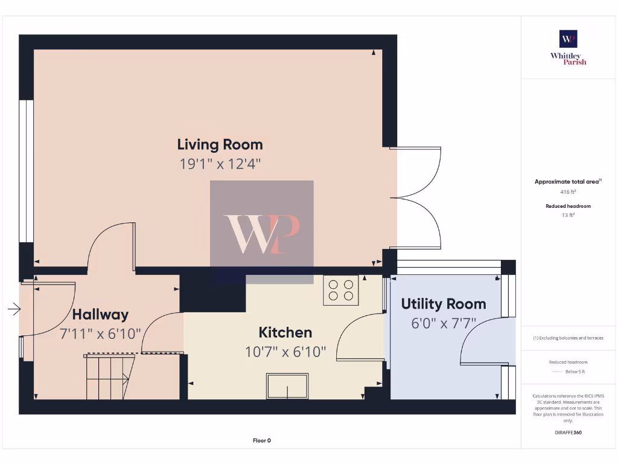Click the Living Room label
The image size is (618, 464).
click(x=220, y=144)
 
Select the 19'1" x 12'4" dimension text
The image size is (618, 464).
click(x=220, y=164)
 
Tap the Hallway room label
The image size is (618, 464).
click(x=100, y=314)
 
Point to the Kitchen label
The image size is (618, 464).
click(x=285, y=332)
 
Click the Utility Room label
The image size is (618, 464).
click(x=443, y=304)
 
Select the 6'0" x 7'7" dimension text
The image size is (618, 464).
click(x=443, y=323)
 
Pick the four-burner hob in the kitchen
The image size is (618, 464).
click(x=340, y=290)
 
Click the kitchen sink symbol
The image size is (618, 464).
click(x=287, y=385)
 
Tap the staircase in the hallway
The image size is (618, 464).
click(x=109, y=378)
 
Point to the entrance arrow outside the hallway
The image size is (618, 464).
click(x=14, y=310)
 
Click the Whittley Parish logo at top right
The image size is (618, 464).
click(x=568, y=47)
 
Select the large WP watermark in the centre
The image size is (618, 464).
click(x=261, y=233)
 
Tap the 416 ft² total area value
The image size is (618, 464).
click(x=568, y=192)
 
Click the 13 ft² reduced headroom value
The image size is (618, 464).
click(x=568, y=214)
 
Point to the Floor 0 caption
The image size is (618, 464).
click(x=261, y=440)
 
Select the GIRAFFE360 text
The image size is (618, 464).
click(x=568, y=433)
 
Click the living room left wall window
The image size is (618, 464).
click(x=26, y=171)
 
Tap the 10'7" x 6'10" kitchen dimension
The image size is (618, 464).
click(x=285, y=352)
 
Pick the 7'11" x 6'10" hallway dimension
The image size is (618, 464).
click(x=100, y=333)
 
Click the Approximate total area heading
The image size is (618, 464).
click(x=567, y=181)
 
